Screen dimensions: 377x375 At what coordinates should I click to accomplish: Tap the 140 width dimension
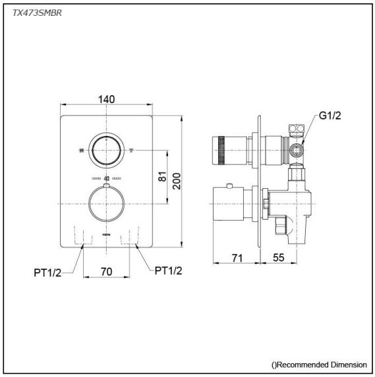click(x=107, y=99)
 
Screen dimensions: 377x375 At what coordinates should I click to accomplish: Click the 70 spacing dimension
click(x=106, y=271)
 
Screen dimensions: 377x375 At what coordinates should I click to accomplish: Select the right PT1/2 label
click(x=167, y=269)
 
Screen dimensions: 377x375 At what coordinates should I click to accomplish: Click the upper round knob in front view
click(x=106, y=150)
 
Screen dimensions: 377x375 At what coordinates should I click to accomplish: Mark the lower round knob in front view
click(x=106, y=204)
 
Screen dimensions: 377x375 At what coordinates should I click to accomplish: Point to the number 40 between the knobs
click(x=106, y=179)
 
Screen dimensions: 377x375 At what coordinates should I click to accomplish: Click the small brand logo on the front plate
click(x=107, y=234)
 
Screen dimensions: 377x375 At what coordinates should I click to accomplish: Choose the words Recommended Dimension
click(x=321, y=364)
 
